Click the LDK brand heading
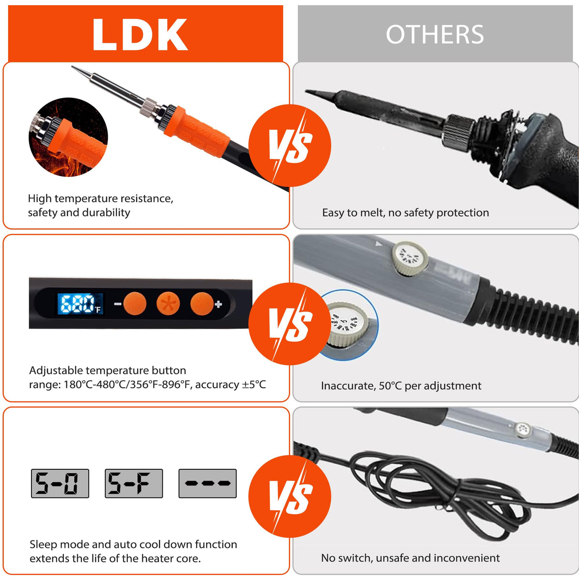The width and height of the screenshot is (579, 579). pos(140,35)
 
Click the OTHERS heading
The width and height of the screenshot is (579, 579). pos(434,35)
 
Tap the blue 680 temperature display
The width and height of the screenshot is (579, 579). pos(76,304)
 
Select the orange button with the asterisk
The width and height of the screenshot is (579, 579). pos(168,304)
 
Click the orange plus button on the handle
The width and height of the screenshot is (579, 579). pos(202,304)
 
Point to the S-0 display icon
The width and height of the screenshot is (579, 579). pos(60,484)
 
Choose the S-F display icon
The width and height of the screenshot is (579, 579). pos(134,484)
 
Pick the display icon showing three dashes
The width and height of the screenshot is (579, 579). pos(207,484)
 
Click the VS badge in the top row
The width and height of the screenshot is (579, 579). pos(289,145)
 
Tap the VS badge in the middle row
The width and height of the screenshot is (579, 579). pos(289,324)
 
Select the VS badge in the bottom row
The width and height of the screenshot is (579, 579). pos(289,496)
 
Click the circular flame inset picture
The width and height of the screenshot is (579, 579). pos(68,137)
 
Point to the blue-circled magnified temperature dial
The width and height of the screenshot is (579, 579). pos(349,324)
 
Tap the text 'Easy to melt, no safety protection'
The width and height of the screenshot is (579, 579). pos(405,213)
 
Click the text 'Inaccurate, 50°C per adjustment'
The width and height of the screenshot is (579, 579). pos(401,386)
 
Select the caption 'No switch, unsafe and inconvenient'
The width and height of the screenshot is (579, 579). pos(410,558)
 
